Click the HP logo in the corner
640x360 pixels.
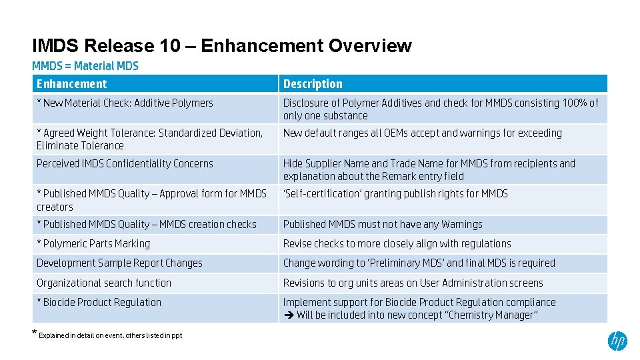pyautogui.click(x=617, y=341)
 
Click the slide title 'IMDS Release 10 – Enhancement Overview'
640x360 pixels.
pyautogui.click(x=222, y=46)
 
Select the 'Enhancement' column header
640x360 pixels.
pyautogui.click(x=71, y=84)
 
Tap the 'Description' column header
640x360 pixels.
pyautogui.click(x=313, y=84)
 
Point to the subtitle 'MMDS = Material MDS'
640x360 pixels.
pyautogui.click(x=85, y=65)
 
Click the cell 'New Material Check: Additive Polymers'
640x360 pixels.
pyautogui.click(x=125, y=103)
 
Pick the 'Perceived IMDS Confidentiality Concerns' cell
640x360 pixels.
pyautogui.click(x=125, y=164)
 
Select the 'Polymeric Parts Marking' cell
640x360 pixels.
pyautogui.click(x=93, y=244)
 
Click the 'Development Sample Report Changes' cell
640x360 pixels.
pyautogui.click(x=119, y=263)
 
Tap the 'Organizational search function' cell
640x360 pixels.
pyautogui.click(x=104, y=283)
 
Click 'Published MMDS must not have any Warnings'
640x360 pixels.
pyautogui.click(x=383, y=225)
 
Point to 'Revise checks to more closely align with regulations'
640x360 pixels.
pyautogui.click(x=397, y=244)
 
